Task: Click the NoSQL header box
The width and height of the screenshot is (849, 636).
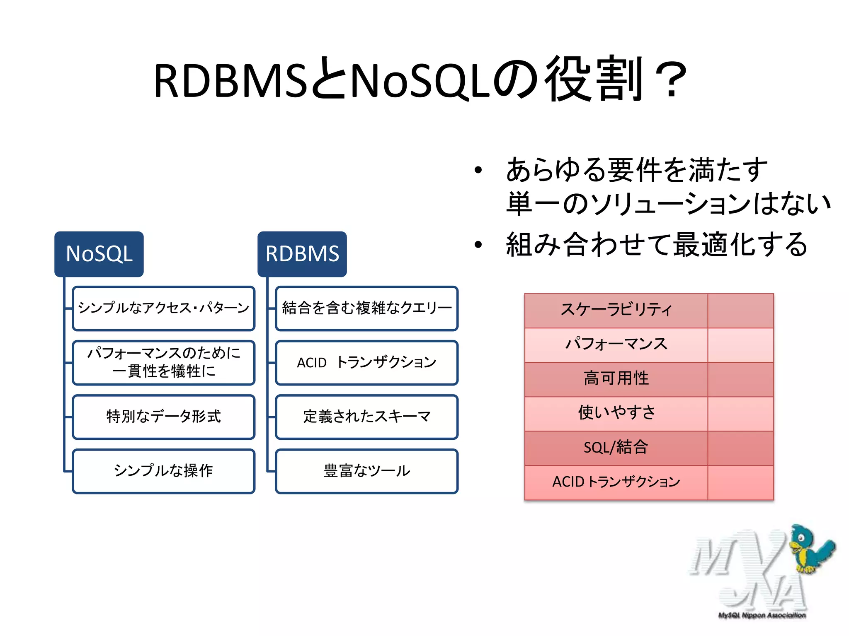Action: [99, 254]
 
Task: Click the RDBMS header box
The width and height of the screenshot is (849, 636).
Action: [302, 254]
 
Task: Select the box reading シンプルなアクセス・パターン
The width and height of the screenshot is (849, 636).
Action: [163, 308]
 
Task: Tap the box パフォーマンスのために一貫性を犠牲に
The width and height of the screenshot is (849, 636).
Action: [163, 362]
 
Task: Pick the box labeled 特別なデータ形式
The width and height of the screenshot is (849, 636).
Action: [163, 417]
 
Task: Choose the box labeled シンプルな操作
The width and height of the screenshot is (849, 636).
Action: [163, 471]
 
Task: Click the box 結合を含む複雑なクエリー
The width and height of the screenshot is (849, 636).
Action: [366, 308]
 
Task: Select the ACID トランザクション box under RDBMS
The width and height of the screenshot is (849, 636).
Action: [366, 362]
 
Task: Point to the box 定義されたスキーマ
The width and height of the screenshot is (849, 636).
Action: [366, 417]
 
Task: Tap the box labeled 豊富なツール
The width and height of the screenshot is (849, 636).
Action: [366, 471]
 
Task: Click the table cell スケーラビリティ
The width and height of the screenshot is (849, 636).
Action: [616, 310]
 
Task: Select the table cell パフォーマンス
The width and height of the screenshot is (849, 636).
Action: [616, 344]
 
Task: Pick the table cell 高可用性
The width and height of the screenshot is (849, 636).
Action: [616, 379]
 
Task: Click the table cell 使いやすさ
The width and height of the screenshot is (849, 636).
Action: [616, 413]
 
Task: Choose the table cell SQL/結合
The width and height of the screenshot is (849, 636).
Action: [616, 448]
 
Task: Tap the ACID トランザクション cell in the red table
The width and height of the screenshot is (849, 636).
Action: [616, 482]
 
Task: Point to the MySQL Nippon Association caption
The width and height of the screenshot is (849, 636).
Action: [762, 615]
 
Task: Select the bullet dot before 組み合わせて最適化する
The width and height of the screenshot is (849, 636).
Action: [478, 245]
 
